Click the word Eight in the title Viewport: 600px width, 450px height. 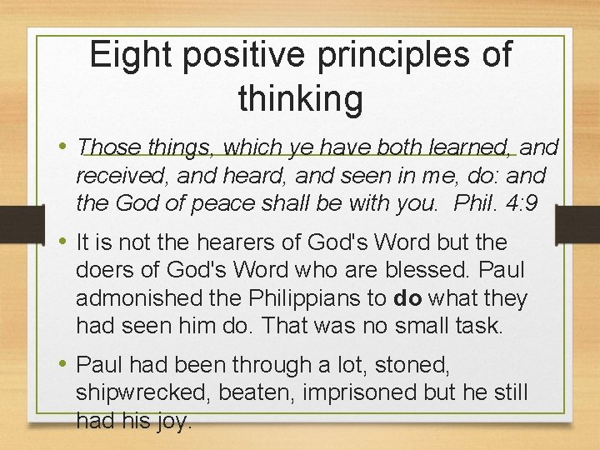tap(129, 55)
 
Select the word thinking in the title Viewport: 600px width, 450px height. tap(300, 98)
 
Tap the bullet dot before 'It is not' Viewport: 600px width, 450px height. tap(63, 242)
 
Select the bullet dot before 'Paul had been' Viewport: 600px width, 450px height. tap(63, 364)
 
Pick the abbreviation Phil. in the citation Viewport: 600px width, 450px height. tap(482, 202)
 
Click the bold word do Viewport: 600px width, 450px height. tap(407, 297)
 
